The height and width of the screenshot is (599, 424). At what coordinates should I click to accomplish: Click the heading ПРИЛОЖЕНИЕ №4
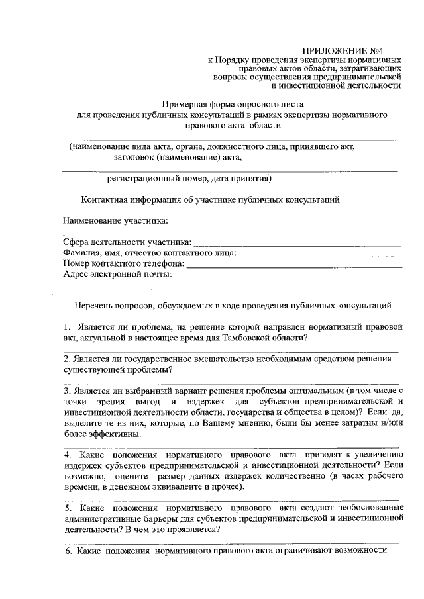tap(352, 50)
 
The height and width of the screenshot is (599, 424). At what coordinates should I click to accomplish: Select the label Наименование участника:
tap(115, 220)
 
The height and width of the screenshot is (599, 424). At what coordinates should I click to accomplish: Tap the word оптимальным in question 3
tap(313, 391)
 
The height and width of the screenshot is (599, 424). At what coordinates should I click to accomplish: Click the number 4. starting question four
tap(68, 455)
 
